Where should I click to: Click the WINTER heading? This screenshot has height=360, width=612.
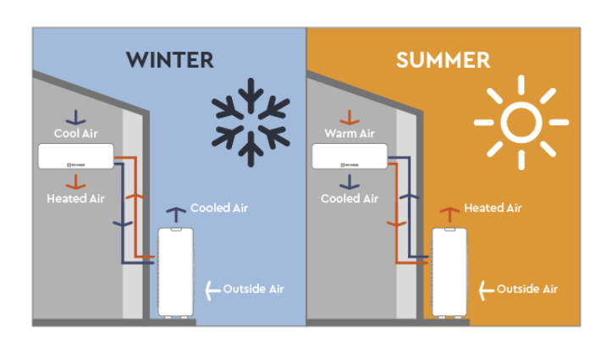[x=169, y=60]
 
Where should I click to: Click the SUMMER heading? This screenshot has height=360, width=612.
[x=443, y=60]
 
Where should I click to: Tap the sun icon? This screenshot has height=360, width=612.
[x=521, y=122]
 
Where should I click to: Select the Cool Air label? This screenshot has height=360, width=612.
[x=76, y=134]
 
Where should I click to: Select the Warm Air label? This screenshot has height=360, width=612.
[x=349, y=134]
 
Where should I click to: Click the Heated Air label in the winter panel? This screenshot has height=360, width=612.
[x=76, y=198]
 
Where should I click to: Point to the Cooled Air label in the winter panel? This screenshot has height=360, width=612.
[x=219, y=208]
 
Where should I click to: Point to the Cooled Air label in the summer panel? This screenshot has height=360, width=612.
[x=349, y=198]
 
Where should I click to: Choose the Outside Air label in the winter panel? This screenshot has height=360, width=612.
[x=253, y=290]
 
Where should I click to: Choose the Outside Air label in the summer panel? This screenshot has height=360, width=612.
[x=527, y=290]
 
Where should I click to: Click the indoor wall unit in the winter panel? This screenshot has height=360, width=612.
[x=76, y=156]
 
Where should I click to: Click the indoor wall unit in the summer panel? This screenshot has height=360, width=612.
[x=350, y=156]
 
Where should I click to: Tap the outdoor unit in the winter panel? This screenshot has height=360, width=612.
[x=175, y=271]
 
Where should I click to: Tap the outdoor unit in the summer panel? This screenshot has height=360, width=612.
[x=449, y=271]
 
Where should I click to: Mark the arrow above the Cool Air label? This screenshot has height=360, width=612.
[x=76, y=117]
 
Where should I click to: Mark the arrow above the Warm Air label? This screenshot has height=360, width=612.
[x=349, y=117]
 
